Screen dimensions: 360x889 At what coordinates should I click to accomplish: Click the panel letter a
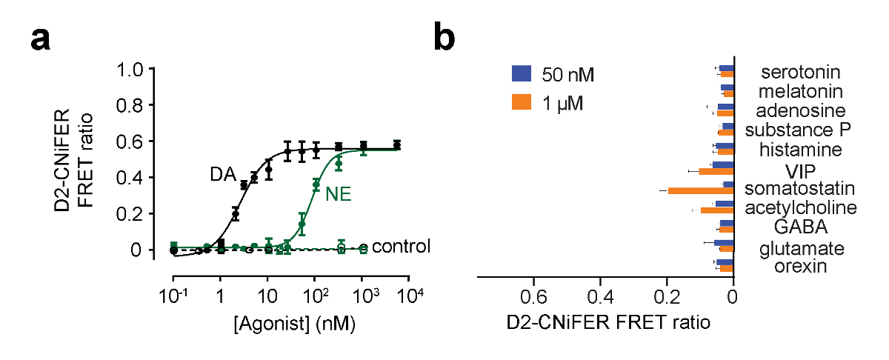click(41, 39)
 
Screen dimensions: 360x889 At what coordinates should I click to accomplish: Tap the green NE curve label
click(338, 195)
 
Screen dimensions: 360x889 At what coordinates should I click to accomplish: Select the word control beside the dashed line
click(401, 246)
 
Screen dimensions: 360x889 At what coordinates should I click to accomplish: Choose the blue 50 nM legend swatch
click(522, 74)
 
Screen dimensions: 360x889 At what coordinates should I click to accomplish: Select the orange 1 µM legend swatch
click(522, 102)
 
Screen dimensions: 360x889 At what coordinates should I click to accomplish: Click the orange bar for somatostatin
click(701, 191)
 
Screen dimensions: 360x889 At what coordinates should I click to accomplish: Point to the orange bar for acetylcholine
click(717, 210)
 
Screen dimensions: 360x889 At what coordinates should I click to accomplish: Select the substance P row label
click(798, 130)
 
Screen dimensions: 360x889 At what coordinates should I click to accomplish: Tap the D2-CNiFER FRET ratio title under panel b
click(608, 323)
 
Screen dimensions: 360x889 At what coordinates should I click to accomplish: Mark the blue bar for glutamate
click(724, 243)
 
